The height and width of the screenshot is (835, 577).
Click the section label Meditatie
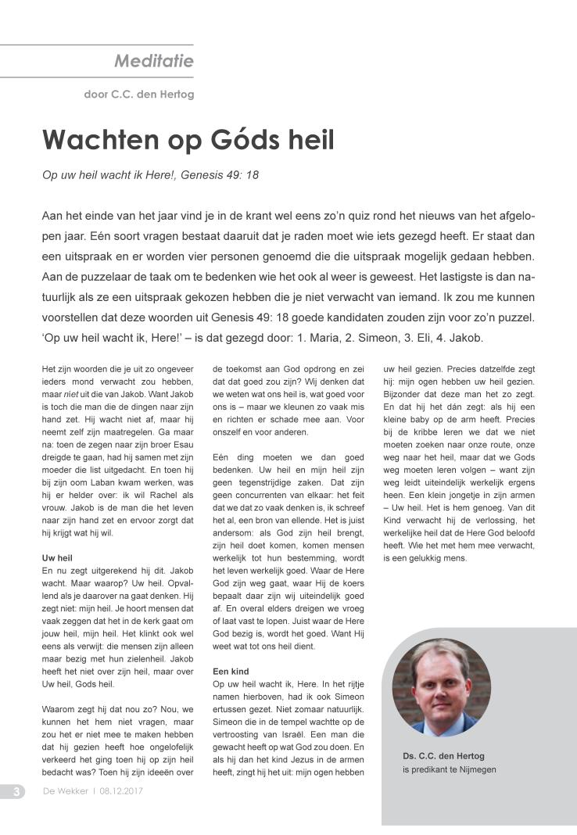coord(154,60)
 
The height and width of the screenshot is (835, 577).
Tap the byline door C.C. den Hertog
coord(138,95)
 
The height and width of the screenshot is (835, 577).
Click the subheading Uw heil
coord(56,558)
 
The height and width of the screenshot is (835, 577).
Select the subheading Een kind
coord(231,671)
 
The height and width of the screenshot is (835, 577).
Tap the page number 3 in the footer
coord(15,791)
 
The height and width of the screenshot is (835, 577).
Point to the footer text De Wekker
coord(64,791)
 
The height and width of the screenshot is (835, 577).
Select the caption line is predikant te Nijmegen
coord(449,769)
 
